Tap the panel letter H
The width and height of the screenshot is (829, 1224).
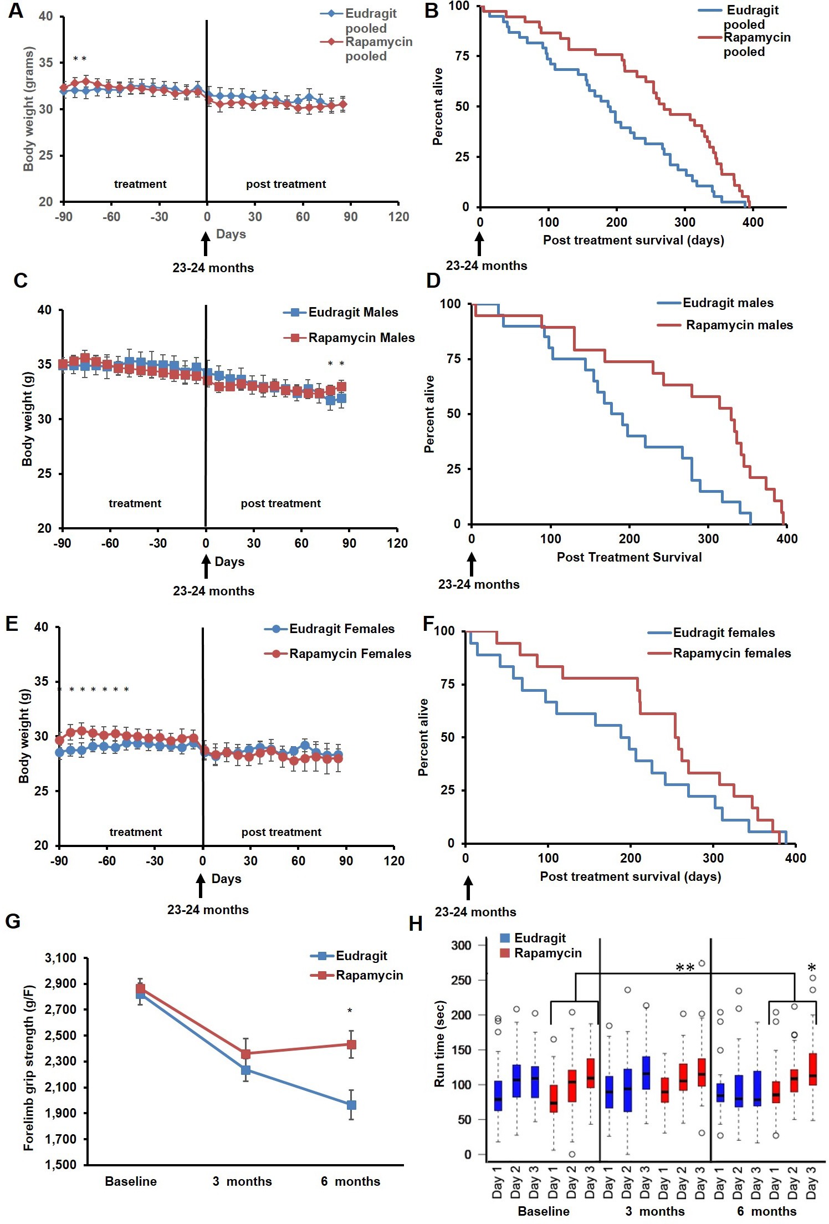(x=416, y=924)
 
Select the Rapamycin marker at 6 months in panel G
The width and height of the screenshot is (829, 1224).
(x=351, y=1044)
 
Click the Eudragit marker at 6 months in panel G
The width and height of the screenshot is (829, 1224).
(x=351, y=1105)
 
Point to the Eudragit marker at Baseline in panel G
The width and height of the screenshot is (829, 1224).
(x=140, y=994)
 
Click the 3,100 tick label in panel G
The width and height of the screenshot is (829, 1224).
(x=61, y=958)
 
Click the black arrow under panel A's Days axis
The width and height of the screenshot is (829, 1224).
(x=206, y=243)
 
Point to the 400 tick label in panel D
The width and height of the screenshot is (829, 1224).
(x=787, y=539)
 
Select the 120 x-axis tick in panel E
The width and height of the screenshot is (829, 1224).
(x=394, y=860)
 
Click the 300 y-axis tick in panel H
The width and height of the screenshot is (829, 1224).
(x=461, y=945)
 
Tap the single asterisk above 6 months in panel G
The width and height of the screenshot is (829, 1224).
(x=350, y=1011)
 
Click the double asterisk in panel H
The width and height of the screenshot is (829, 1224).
(x=685, y=968)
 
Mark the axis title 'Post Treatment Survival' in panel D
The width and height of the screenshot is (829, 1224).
(x=629, y=557)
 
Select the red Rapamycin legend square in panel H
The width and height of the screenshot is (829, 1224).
(x=504, y=953)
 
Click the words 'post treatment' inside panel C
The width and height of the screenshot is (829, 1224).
(x=280, y=503)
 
